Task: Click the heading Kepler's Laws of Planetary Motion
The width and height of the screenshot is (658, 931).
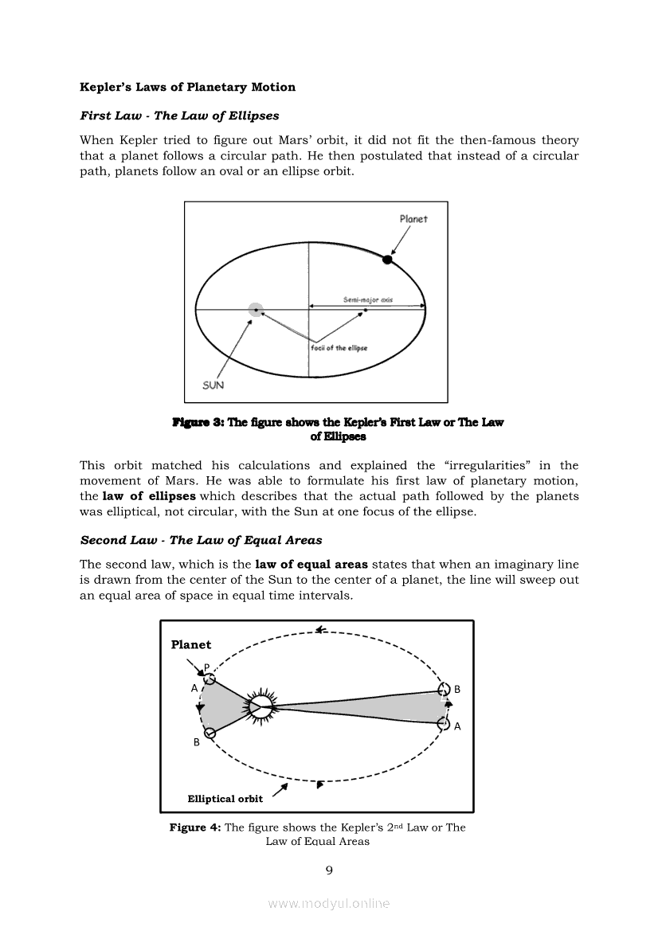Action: pyautogui.click(x=187, y=87)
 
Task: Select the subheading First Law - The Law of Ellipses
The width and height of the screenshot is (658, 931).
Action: pyautogui.click(x=179, y=115)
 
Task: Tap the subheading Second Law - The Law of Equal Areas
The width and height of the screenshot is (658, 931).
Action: pyautogui.click(x=201, y=540)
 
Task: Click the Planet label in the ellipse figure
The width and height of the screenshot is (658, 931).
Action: pyautogui.click(x=413, y=219)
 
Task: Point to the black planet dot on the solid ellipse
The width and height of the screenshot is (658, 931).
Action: pyautogui.click(x=387, y=260)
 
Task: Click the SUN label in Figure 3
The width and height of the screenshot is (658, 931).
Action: pyautogui.click(x=213, y=385)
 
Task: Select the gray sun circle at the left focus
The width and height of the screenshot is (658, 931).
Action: pyautogui.click(x=256, y=310)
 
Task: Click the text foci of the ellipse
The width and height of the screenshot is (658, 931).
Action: pyautogui.click(x=339, y=348)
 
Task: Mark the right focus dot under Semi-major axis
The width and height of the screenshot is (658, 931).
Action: pyautogui.click(x=365, y=310)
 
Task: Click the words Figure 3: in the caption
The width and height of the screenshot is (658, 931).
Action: pyautogui.click(x=198, y=422)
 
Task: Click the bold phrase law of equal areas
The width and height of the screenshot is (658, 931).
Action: pyautogui.click(x=317, y=565)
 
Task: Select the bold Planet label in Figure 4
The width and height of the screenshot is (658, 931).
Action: pyautogui.click(x=191, y=644)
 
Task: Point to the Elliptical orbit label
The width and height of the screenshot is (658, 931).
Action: pyautogui.click(x=225, y=798)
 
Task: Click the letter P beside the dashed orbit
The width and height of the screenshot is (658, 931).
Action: pyautogui.click(x=206, y=667)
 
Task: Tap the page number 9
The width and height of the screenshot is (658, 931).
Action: pyautogui.click(x=329, y=870)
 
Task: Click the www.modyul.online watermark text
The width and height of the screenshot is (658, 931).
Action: pyautogui.click(x=329, y=903)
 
